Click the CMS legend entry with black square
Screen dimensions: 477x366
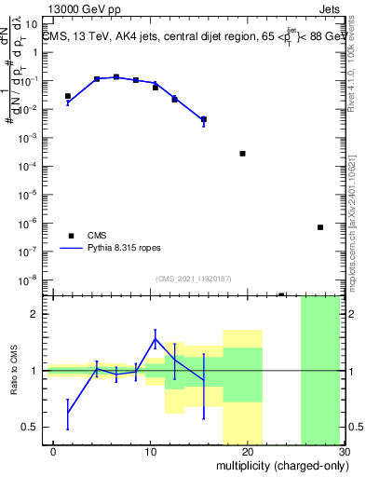click(x=97, y=236)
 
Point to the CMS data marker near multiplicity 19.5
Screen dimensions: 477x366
click(x=242, y=154)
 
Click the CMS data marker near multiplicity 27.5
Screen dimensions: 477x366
click(x=319, y=227)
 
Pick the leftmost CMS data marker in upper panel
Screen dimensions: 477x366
click(x=67, y=96)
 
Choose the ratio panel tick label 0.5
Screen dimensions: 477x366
click(x=30, y=428)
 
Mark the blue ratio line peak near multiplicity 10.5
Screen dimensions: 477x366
click(x=155, y=338)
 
